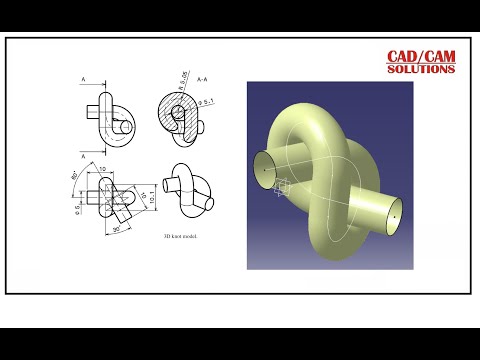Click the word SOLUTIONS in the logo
(x=422, y=70)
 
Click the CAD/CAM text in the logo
(x=422, y=57)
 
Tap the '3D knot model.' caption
(x=181, y=237)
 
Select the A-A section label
(x=202, y=78)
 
